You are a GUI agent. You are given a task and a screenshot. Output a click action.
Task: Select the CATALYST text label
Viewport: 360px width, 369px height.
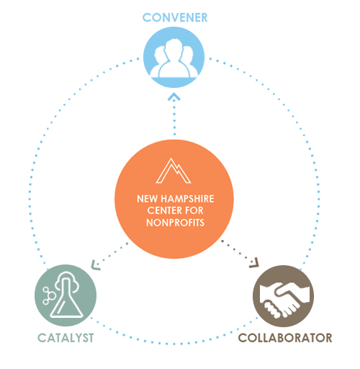coord(66,337)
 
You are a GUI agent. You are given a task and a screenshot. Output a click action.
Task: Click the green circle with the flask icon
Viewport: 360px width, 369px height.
coord(66,295)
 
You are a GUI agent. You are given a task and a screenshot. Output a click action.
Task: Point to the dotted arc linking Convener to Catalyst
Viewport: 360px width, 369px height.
coord(47,137)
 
